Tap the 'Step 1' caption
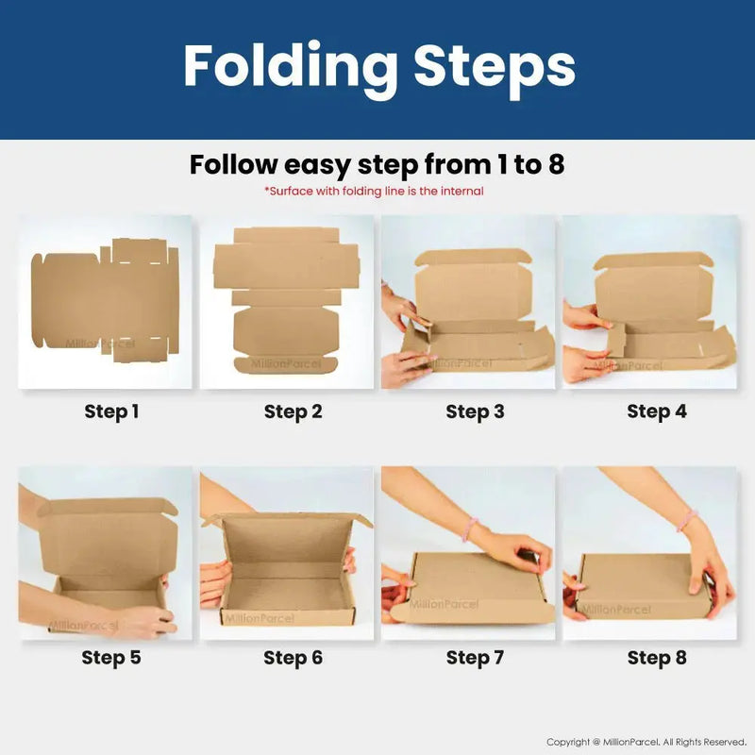111,411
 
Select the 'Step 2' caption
293,411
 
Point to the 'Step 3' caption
475,411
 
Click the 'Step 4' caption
656,411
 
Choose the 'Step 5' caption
111,657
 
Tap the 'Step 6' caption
293,657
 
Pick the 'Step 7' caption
475,657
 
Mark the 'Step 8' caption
656,657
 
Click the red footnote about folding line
374,192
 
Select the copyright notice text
646,742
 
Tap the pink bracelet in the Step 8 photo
688,520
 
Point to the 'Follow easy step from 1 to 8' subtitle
377,164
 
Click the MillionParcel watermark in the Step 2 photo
286,364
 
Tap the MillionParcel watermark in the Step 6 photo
259,618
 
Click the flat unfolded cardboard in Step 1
105,299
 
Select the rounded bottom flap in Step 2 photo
286,365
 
